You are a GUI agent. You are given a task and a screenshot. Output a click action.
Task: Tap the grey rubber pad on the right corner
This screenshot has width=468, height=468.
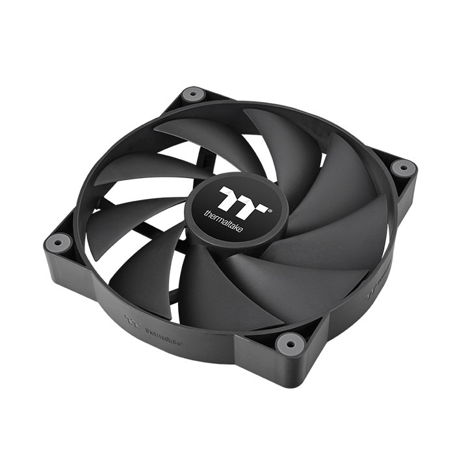click(x=402, y=167)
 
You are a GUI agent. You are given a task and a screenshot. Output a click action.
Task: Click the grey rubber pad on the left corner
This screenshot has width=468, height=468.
click(x=58, y=242)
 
